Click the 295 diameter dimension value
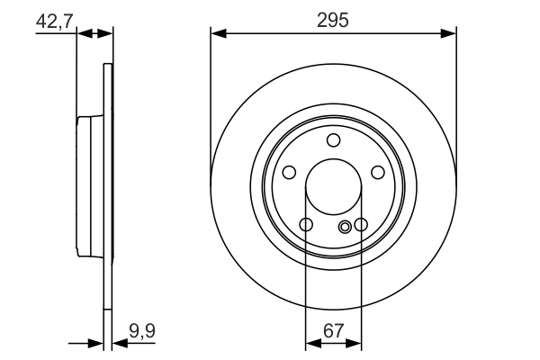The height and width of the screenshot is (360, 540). pyautogui.click(x=333, y=19)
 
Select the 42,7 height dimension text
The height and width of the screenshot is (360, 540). pyautogui.click(x=54, y=19)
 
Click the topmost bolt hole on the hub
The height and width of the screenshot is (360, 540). pyautogui.click(x=334, y=139)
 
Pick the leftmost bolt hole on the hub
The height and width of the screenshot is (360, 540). pyautogui.click(x=289, y=173)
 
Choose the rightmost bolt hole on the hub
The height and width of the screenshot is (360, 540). pyautogui.click(x=378, y=173)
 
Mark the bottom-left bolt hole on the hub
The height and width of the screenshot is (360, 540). pyautogui.click(x=306, y=225)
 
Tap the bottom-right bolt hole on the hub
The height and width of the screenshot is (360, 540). pyautogui.click(x=361, y=225)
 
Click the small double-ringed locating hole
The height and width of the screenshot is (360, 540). pyautogui.click(x=345, y=227)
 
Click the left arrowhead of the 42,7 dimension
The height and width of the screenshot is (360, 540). pyautogui.click(x=83, y=34)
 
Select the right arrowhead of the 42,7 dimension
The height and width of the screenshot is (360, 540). pyautogui.click(x=107, y=34)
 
